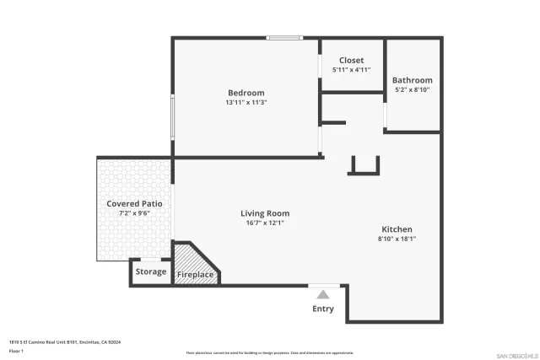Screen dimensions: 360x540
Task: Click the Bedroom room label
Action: click(246, 93)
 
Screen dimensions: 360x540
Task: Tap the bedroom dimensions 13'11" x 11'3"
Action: click(246, 103)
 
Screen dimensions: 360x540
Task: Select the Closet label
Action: click(351, 61)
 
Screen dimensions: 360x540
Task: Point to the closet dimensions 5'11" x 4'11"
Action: click(351, 71)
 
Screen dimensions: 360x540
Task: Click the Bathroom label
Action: click(412, 80)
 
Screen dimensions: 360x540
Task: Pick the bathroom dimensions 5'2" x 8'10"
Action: click(412, 89)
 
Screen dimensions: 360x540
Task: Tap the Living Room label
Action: click(265, 213)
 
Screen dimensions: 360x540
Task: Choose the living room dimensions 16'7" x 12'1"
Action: click(265, 223)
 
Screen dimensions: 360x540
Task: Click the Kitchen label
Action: click(397, 229)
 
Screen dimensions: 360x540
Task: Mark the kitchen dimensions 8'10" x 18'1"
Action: click(397, 239)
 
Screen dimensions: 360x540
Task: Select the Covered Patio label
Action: click(134, 204)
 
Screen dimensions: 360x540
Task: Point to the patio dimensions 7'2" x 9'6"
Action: click(134, 214)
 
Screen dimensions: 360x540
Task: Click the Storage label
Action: click(151, 271)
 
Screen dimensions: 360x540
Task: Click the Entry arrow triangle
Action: click(322, 294)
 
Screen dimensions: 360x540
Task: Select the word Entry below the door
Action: click(323, 309)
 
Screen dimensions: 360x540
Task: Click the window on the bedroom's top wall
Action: click(285, 38)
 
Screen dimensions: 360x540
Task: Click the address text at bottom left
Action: click(65, 342)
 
